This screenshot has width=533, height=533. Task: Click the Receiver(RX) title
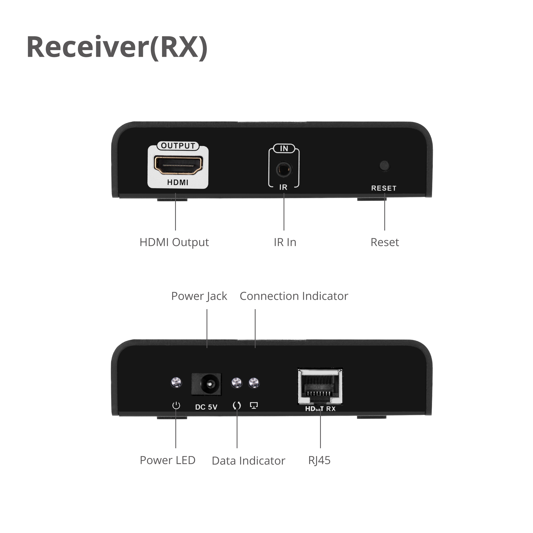point(117,47)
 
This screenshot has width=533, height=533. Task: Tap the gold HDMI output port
point(178,165)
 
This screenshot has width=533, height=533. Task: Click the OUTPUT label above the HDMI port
point(178,146)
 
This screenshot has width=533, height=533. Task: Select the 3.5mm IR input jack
point(284,170)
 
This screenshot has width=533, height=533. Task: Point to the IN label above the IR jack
point(284,148)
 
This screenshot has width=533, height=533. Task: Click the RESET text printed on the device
point(384,188)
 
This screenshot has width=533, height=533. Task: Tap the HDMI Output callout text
point(174,243)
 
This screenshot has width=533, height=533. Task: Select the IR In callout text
point(285,242)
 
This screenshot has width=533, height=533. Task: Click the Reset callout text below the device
point(385,242)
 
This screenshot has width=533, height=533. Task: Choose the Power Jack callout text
point(199,296)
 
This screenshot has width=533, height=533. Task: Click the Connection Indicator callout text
point(294,296)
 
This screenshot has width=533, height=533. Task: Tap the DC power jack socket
point(206,384)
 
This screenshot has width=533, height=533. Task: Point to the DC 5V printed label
point(206,407)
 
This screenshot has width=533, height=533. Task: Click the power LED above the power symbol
point(176,382)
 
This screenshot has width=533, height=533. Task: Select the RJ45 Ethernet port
point(320,386)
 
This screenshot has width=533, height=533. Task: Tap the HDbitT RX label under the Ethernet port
point(320,409)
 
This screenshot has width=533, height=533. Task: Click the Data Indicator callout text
point(248,461)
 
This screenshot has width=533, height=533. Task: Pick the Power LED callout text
point(167,460)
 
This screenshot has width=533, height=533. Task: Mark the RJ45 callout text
point(319,461)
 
